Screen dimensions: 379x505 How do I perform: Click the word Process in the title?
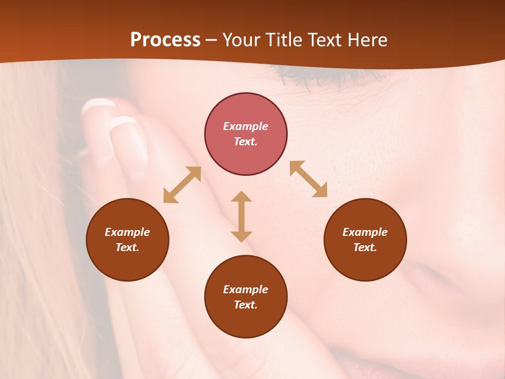[165, 40]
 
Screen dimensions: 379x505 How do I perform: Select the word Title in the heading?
[285, 40]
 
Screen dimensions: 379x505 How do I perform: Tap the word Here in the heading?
[367, 40]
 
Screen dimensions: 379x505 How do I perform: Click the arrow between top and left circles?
[182, 184]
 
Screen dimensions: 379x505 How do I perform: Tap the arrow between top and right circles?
[309, 179]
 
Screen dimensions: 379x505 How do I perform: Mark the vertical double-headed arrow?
[241, 216]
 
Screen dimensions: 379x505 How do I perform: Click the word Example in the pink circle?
[246, 126]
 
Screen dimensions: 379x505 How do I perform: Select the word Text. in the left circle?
[127, 247]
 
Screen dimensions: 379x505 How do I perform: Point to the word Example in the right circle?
[365, 232]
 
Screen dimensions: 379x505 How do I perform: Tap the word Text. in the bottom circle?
[246, 305]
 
